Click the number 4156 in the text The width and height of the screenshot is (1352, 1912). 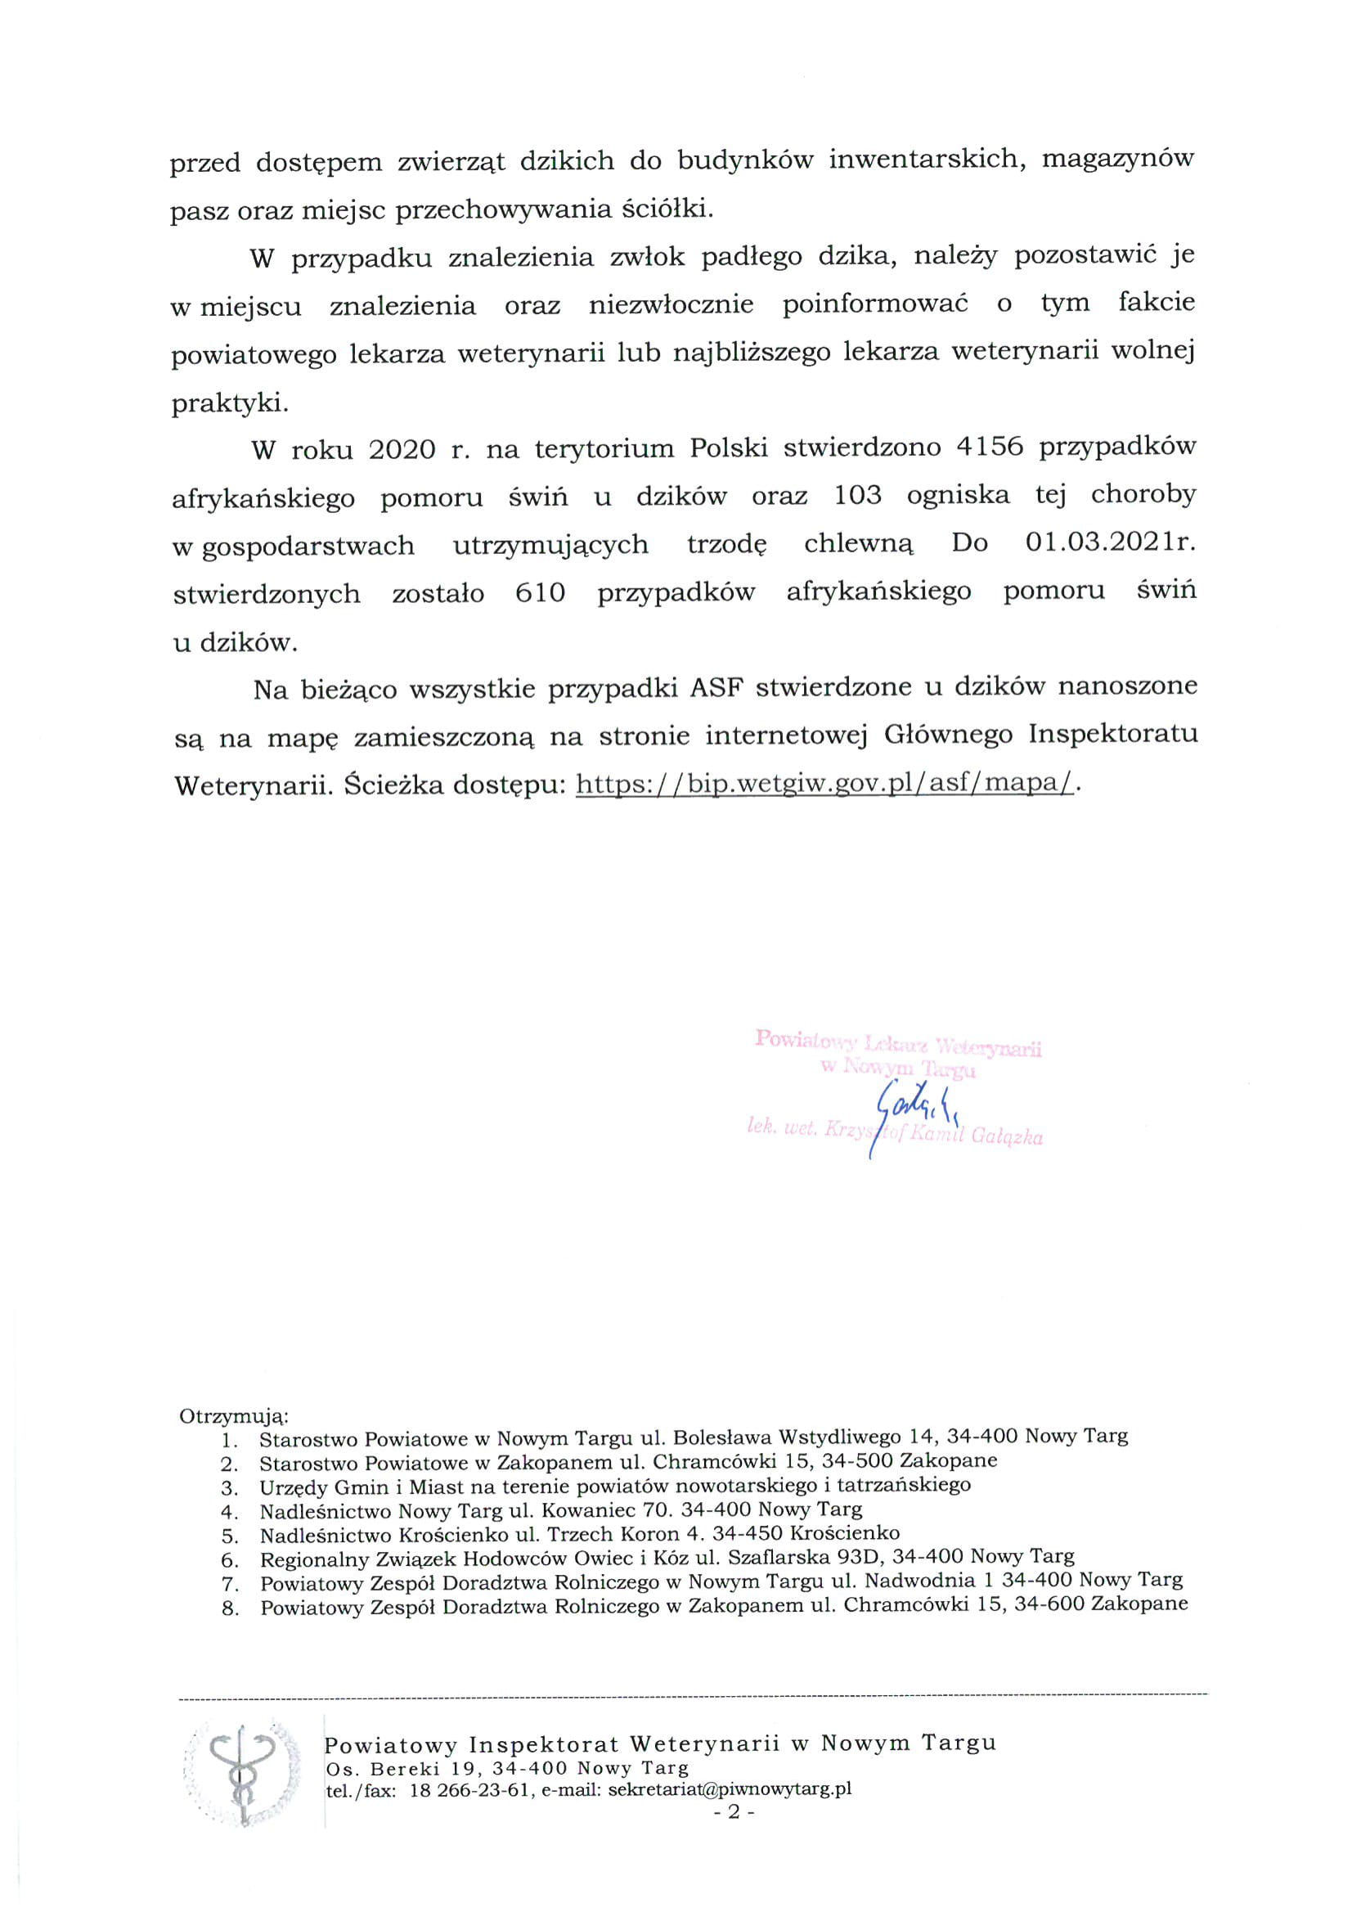[x=989, y=448]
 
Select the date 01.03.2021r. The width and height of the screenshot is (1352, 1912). [x=1110, y=544]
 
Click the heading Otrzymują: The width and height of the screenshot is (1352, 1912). [x=234, y=1415]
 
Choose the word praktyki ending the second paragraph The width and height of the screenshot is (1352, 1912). [x=225, y=404]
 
